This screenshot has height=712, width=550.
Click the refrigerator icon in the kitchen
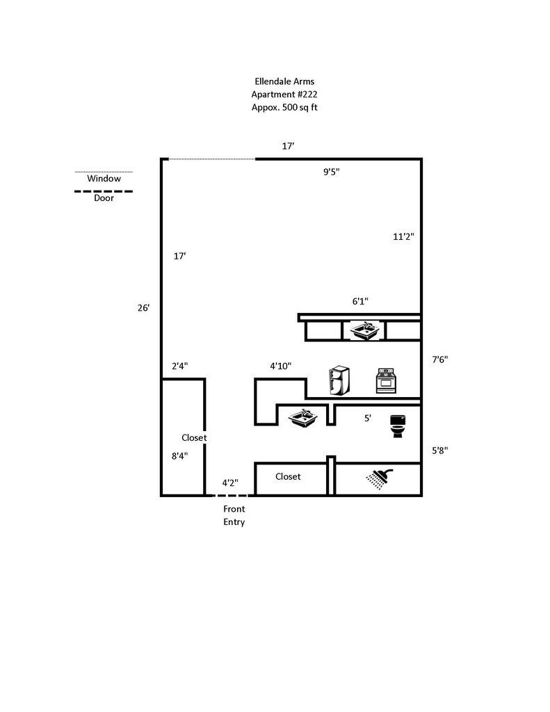339,380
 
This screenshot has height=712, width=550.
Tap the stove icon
386,380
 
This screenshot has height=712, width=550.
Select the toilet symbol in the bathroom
398,426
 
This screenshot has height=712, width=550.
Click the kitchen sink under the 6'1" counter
365,330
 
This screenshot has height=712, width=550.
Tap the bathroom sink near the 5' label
303,417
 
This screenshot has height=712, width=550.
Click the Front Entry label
234,515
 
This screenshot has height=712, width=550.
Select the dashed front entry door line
231,495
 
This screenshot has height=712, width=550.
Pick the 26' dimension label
143,308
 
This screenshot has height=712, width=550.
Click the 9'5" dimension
332,172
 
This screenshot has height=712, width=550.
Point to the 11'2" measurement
403,236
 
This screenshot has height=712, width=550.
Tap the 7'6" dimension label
439,359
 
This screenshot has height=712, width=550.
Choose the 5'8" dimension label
439,451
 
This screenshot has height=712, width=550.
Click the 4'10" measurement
281,366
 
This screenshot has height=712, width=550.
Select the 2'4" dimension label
179,366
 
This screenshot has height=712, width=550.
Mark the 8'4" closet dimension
179,456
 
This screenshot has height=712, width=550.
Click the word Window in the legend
104,179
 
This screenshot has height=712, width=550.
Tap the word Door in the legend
104,198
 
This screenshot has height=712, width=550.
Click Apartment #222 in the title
284,95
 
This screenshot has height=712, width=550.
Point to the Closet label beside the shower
288,476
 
